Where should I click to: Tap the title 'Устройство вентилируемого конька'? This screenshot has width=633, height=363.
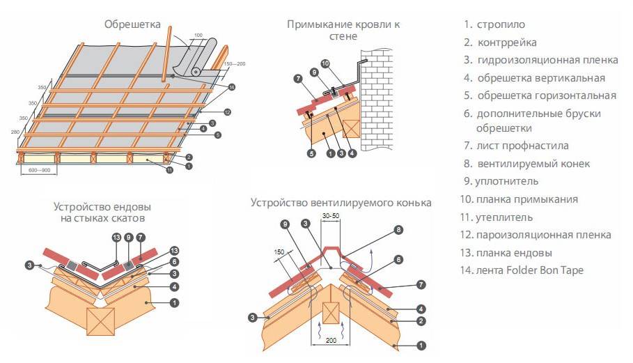342,203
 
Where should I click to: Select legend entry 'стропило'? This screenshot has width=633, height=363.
502,24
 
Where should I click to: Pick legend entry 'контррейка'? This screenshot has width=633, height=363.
507,43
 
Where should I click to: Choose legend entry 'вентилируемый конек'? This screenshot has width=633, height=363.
533,164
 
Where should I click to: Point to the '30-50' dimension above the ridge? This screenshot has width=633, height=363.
332,217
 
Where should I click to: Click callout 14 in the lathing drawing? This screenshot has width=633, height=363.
232,87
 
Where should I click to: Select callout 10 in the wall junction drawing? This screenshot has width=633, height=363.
343,64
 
